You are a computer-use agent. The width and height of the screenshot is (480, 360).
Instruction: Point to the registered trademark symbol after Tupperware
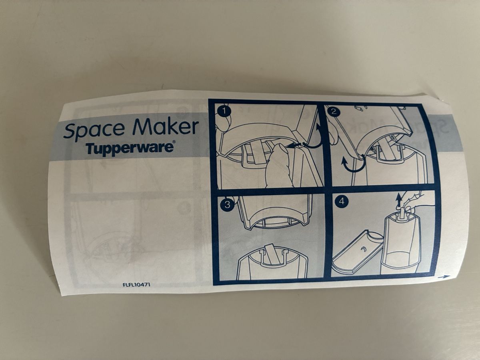174,142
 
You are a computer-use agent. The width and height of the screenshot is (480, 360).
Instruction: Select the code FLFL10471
137,285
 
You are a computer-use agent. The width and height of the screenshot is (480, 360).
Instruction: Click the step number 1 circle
224,111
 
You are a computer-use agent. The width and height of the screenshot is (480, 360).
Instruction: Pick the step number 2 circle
334,112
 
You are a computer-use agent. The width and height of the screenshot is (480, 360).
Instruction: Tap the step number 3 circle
228,205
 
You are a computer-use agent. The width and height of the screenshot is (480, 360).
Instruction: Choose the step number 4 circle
342,201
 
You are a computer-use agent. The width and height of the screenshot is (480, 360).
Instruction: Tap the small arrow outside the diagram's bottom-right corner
443,277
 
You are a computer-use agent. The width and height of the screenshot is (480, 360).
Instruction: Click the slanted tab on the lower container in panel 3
273,254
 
